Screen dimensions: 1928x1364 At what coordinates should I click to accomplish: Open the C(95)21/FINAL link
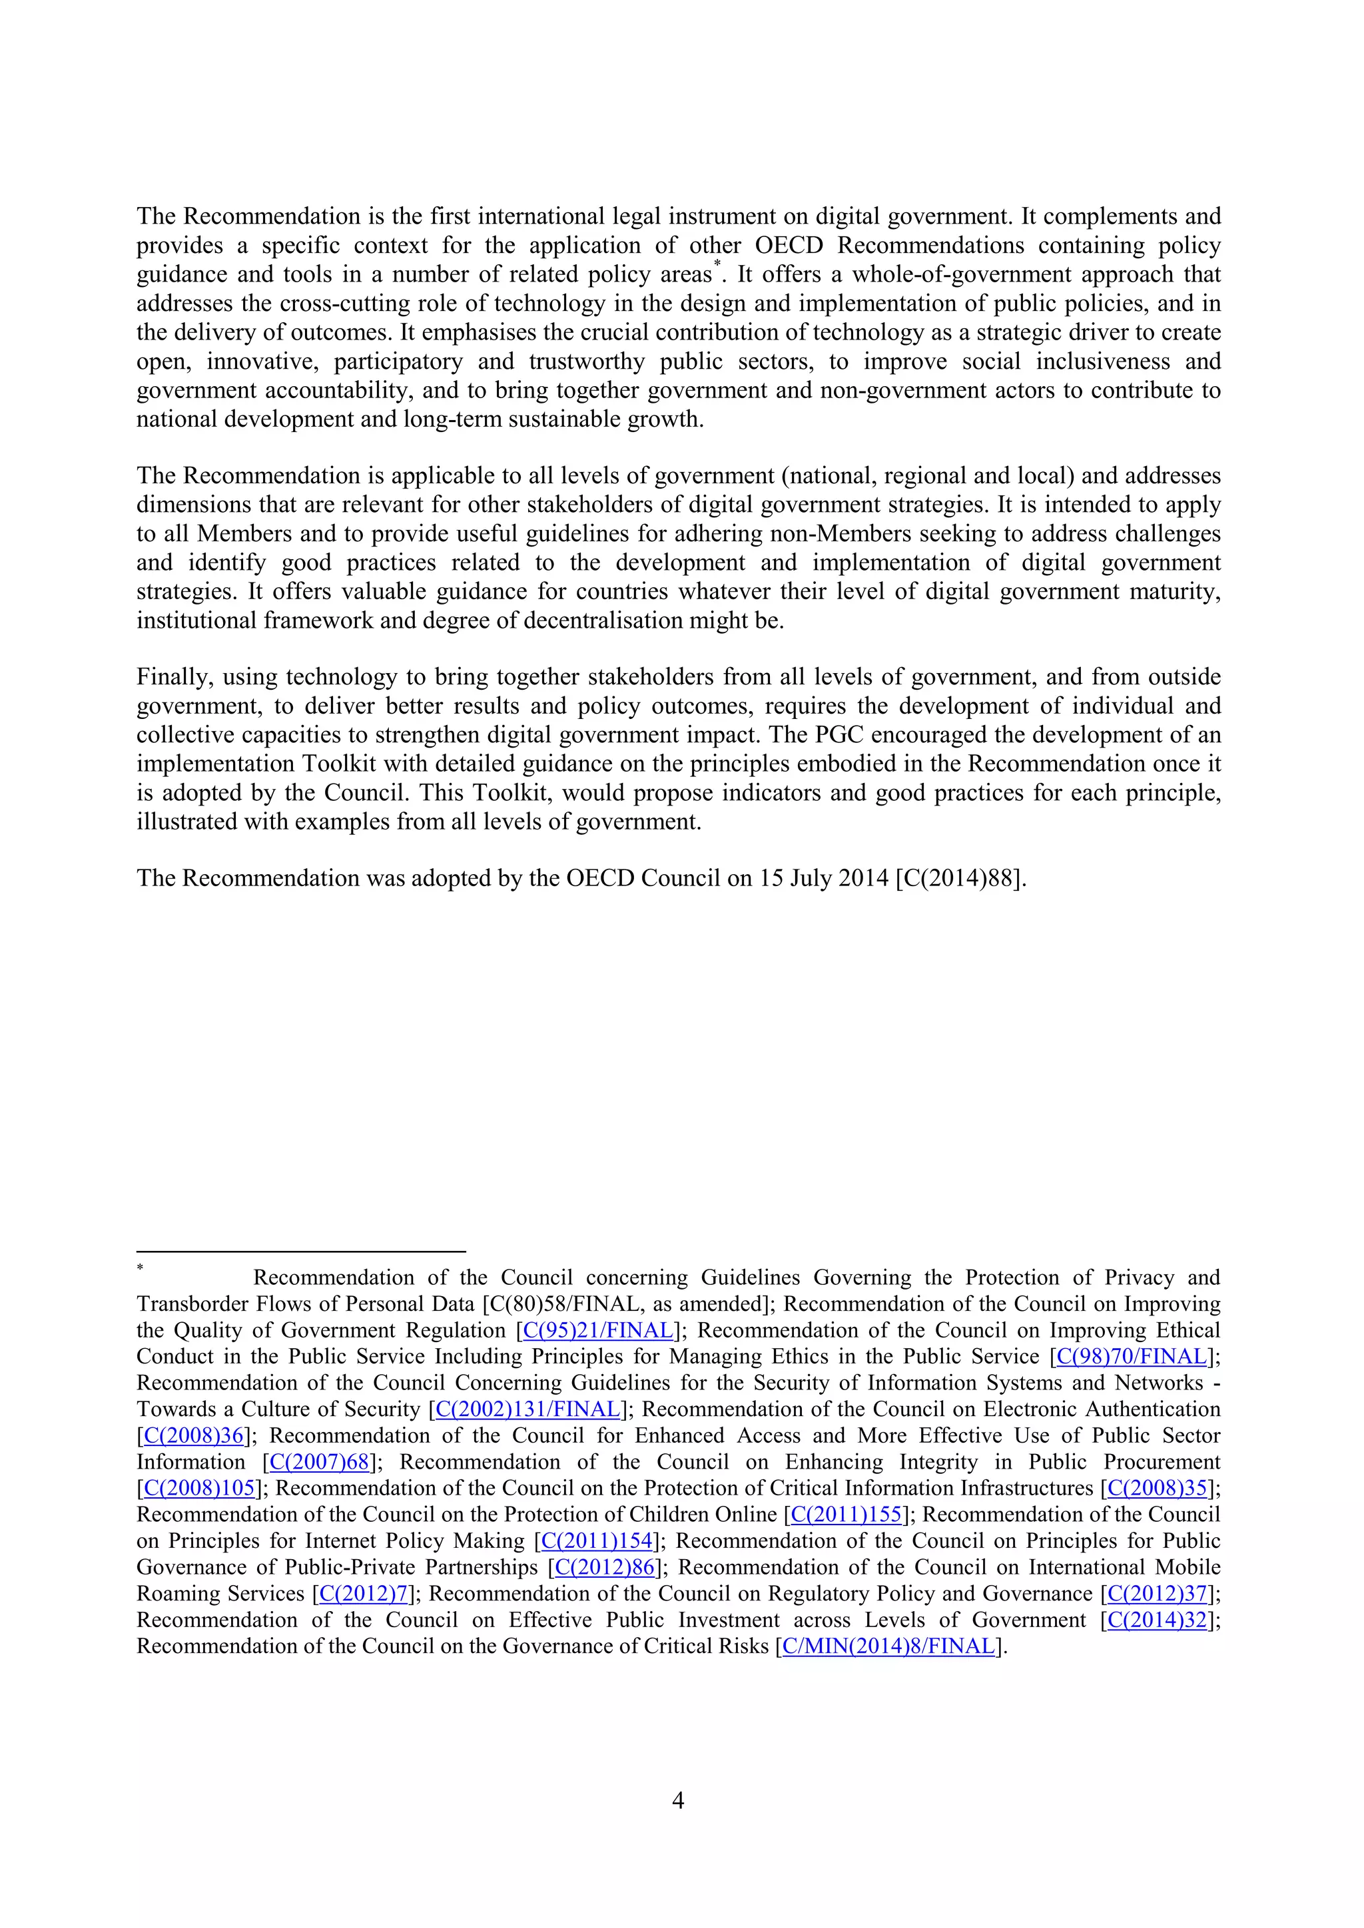[x=598, y=1330]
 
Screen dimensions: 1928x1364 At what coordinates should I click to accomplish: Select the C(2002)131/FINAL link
[x=527, y=1409]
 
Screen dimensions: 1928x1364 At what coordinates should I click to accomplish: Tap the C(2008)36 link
[x=193, y=1435]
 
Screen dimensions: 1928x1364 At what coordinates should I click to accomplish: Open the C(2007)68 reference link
[x=319, y=1462]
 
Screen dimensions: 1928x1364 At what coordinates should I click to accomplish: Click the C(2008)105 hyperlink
[x=199, y=1488]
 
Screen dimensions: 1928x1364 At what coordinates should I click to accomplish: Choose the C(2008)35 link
[x=1158, y=1488]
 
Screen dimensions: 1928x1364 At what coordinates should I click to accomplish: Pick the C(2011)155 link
[x=847, y=1514]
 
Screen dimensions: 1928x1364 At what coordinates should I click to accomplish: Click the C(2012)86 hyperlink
[x=605, y=1567]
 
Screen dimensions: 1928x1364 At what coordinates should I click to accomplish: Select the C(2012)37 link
[x=1158, y=1593]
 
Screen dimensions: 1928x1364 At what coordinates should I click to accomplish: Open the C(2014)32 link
[x=1158, y=1620]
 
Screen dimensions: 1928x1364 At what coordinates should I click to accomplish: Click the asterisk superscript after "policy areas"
[x=717, y=266]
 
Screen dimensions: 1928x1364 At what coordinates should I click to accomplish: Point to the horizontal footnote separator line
[x=300, y=1251]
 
